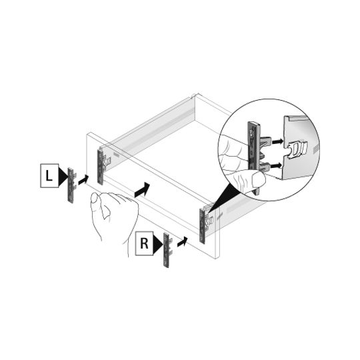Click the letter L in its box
(49, 176)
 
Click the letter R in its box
(144, 243)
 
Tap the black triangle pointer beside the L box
(63, 176)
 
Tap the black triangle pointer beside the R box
(158, 244)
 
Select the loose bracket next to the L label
(71, 185)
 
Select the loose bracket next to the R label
(167, 250)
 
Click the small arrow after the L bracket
(83, 179)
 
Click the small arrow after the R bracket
(182, 242)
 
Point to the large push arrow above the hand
(142, 189)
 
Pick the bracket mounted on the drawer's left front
(101, 165)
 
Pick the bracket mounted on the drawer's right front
(203, 225)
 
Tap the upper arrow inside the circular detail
(277, 141)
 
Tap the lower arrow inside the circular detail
(276, 165)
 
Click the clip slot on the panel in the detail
(298, 149)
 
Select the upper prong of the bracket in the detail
(265, 140)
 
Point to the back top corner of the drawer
(195, 95)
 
